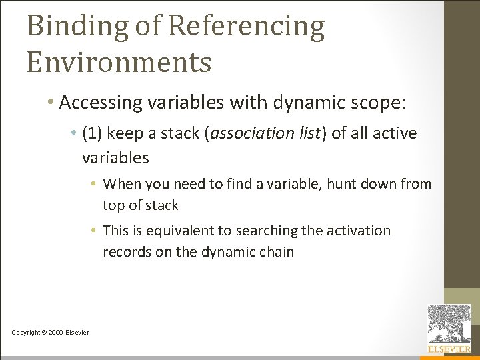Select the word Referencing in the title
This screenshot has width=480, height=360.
pyautogui.click(x=246, y=27)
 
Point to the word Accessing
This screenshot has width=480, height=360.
pyautogui.click(x=101, y=103)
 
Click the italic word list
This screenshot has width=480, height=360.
pyautogui.click(x=309, y=133)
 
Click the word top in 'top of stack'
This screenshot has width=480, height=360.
pyautogui.click(x=113, y=205)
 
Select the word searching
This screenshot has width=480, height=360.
pyautogui.click(x=257, y=231)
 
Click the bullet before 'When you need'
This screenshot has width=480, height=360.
pyautogui.click(x=95, y=183)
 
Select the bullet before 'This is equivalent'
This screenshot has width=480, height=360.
pyautogui.click(x=95, y=231)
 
